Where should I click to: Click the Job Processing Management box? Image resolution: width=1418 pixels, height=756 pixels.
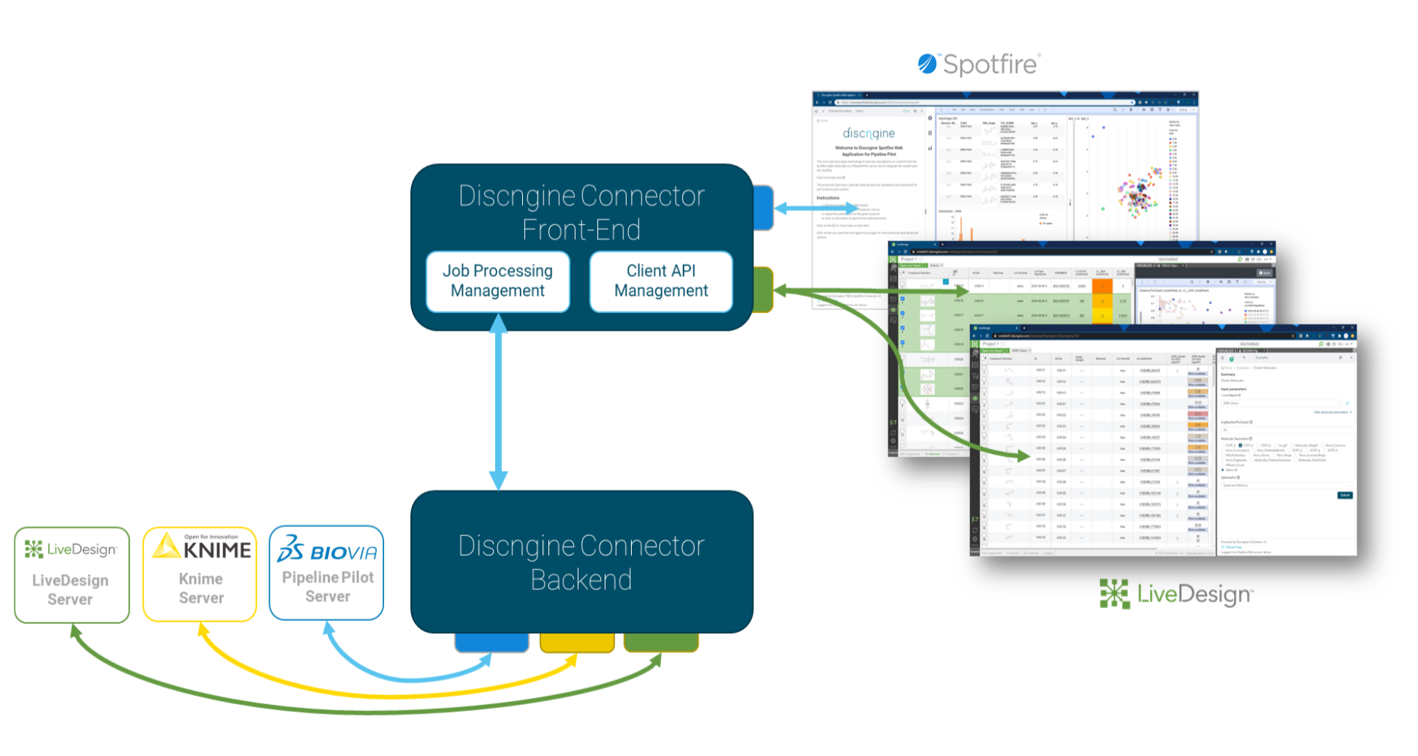tap(497, 281)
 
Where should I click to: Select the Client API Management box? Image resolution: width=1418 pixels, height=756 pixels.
tap(660, 281)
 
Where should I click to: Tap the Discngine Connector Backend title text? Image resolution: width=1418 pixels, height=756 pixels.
tap(581, 562)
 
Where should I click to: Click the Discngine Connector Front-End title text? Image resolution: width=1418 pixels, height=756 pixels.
tap(581, 212)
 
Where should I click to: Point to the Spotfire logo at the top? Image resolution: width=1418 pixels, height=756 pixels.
tap(979, 65)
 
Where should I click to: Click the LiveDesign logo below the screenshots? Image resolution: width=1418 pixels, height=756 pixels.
tap(1176, 594)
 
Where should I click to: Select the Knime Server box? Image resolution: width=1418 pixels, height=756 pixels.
tap(200, 574)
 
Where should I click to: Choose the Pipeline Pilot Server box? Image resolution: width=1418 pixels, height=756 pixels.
tap(326, 574)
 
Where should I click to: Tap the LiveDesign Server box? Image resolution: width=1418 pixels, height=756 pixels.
tap(71, 575)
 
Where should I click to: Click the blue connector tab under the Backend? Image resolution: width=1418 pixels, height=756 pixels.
tap(491, 643)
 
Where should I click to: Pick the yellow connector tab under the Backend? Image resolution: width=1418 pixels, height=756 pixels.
tap(577, 643)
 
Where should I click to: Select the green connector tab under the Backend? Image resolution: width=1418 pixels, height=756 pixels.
tap(661, 643)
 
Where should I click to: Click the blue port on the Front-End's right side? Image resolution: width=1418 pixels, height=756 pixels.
tap(763, 208)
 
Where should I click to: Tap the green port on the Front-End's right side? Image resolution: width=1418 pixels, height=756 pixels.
tap(763, 289)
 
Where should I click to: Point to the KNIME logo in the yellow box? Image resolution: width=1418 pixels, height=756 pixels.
tap(202, 547)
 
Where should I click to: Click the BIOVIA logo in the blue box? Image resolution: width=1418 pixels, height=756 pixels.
tap(327, 550)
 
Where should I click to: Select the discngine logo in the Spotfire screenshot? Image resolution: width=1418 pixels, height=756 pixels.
tap(868, 134)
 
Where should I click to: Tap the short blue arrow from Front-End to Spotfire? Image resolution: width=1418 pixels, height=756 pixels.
tap(815, 208)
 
